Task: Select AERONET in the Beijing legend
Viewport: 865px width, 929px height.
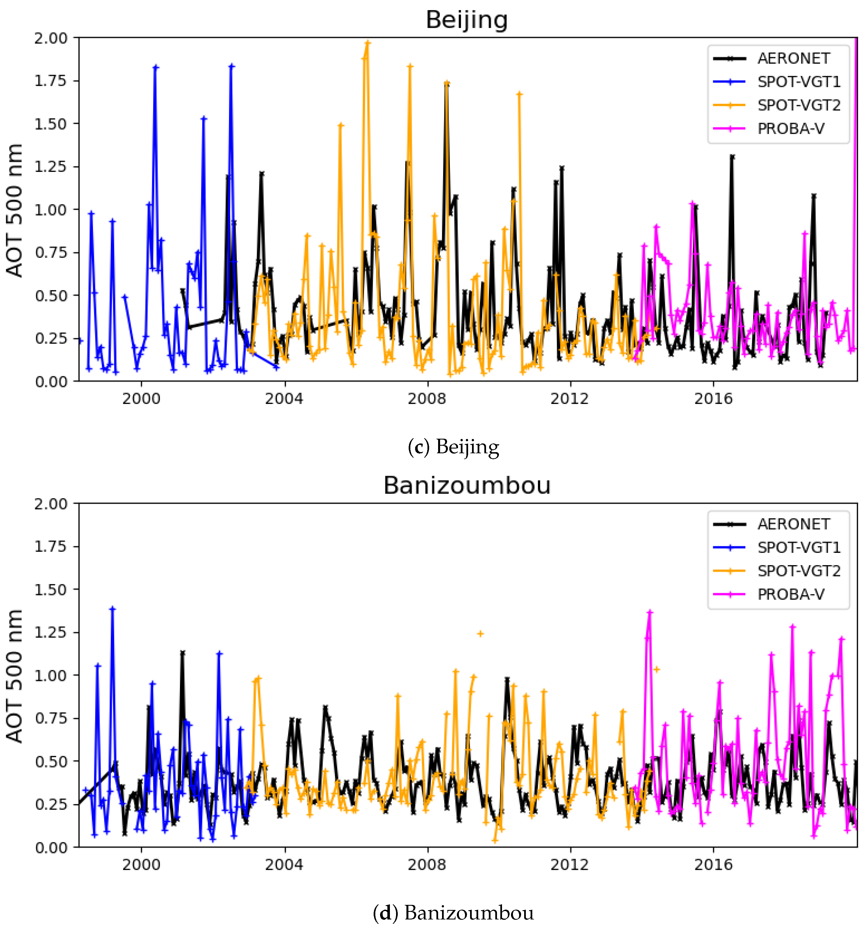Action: pos(793,58)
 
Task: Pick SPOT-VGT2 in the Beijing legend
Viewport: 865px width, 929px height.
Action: pos(798,105)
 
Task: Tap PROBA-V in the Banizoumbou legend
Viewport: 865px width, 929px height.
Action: pos(790,594)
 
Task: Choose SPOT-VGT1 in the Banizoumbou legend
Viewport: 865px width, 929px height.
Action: pos(798,547)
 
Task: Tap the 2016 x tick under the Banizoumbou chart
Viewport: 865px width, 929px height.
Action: pos(713,864)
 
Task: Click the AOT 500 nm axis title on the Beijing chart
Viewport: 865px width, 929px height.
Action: pos(15,210)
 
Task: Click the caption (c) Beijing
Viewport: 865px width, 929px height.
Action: pos(453,447)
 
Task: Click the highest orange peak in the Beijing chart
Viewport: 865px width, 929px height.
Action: pos(367,43)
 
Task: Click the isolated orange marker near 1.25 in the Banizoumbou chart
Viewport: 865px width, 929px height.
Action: pos(480,634)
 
